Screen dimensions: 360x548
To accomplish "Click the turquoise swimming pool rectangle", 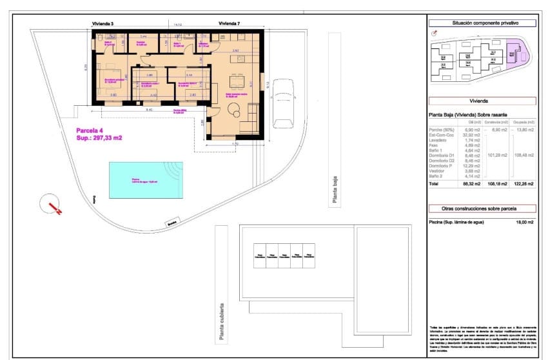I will pos(142,179).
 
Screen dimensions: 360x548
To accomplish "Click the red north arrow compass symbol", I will pos(50,207).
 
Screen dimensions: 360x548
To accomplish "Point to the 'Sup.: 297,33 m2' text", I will pos(99,137).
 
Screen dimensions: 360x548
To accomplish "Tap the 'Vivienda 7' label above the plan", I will pos(229,24).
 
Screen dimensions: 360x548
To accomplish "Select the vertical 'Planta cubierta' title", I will pos(220,321).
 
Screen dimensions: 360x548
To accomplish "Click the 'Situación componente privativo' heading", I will pos(482,23).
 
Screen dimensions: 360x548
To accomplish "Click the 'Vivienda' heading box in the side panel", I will pos(482,101).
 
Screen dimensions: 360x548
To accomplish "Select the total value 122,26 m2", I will pos(524,184).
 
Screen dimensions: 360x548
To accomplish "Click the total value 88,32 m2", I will pos(473,184).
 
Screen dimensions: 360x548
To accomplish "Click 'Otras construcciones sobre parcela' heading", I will pos(482,208).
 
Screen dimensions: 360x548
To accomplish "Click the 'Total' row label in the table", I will pos(435,184).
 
